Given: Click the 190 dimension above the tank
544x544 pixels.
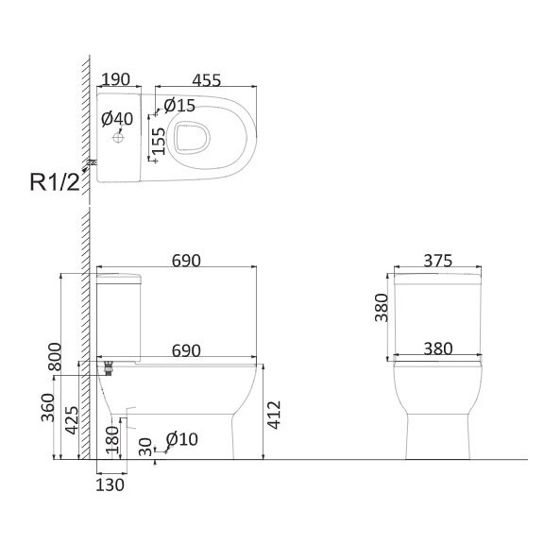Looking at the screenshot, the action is pos(116,79).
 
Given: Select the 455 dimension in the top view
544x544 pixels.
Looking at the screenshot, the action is pos(207,80).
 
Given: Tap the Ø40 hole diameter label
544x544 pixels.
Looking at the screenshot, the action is pos(117,119).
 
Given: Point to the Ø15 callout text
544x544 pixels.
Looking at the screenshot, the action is pos(179,106).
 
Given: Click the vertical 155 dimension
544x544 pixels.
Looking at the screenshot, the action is pos(159,141).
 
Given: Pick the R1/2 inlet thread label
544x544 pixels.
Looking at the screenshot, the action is pos(55,182).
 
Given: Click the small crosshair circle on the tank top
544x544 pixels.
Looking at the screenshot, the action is pos(118,138).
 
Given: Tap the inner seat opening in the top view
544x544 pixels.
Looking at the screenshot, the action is pos(192,137).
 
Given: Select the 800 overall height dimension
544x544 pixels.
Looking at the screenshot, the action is pos(55,357).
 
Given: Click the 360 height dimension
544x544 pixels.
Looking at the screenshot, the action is pos(48,407).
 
